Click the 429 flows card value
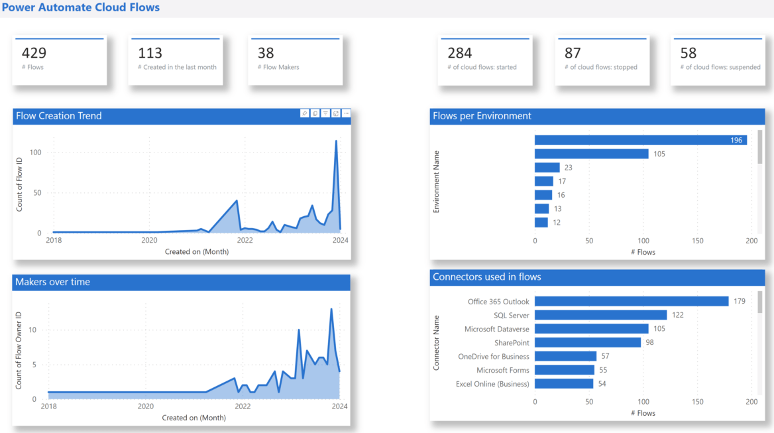click(34, 53)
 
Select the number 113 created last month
click(150, 53)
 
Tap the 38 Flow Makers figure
click(266, 53)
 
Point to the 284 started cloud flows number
click(460, 53)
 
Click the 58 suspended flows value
click(689, 53)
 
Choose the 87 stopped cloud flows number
click(573, 53)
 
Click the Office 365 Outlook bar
click(632, 301)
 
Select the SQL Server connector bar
click(600, 315)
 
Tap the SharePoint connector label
click(512, 343)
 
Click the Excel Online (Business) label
click(492, 384)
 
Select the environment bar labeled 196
click(641, 140)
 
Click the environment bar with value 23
click(547, 168)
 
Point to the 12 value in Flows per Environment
click(557, 223)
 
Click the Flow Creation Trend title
click(58, 116)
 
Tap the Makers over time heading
click(52, 282)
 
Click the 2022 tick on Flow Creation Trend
click(245, 240)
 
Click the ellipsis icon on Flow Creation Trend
click(346, 113)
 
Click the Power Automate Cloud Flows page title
click(80, 8)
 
